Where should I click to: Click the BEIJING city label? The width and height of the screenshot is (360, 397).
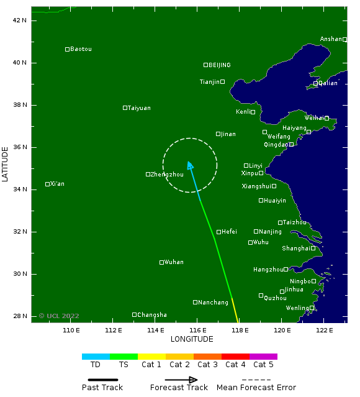219,65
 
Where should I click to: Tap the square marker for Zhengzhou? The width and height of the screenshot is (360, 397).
148,175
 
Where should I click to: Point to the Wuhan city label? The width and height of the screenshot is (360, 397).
174,262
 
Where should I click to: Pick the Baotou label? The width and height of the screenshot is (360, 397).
81,49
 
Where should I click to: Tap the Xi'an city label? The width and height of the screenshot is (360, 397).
57,184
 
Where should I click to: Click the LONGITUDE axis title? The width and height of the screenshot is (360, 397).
192,339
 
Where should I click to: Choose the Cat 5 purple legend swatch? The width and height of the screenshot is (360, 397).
263,357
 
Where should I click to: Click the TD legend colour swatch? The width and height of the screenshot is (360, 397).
96,357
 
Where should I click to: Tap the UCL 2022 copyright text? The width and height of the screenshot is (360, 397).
59,316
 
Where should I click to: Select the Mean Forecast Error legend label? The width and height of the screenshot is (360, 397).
256,388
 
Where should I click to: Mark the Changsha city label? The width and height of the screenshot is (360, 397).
151,315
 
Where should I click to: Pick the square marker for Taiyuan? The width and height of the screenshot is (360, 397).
125,107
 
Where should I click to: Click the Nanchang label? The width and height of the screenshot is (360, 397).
214,303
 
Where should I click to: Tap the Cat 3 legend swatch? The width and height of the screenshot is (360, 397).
207,357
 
